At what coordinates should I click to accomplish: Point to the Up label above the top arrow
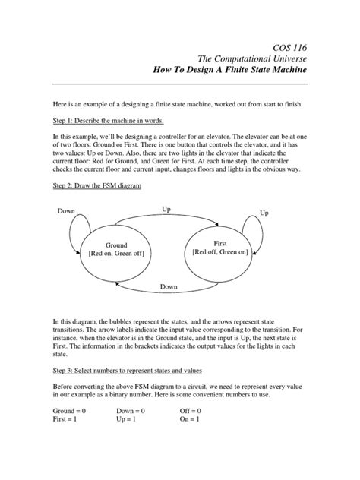166,207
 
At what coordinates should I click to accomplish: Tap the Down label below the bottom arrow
169,287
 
